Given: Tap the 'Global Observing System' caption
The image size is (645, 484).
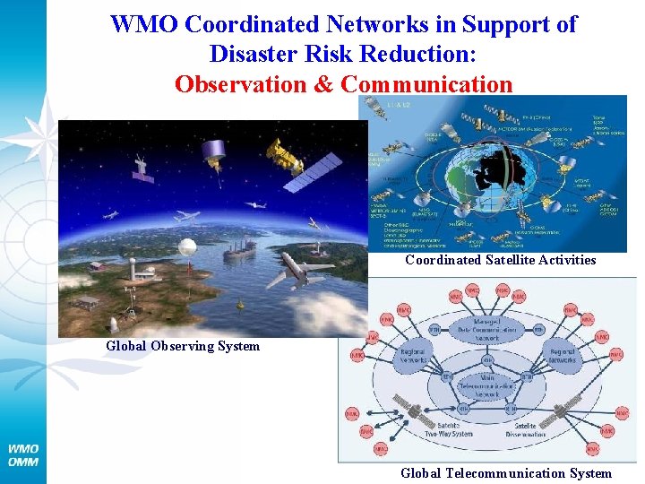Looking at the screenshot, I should pyautogui.click(x=183, y=346).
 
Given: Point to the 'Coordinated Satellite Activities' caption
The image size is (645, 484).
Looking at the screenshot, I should pyautogui.click(x=500, y=260).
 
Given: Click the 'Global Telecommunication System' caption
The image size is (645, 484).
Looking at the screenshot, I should pyautogui.click(x=506, y=473).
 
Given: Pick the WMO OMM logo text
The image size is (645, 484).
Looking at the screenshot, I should pyautogui.click(x=22, y=454).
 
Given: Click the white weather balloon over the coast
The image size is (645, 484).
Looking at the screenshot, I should pyautogui.click(x=187, y=246).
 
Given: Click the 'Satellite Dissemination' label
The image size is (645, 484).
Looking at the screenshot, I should pyautogui.click(x=524, y=429).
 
